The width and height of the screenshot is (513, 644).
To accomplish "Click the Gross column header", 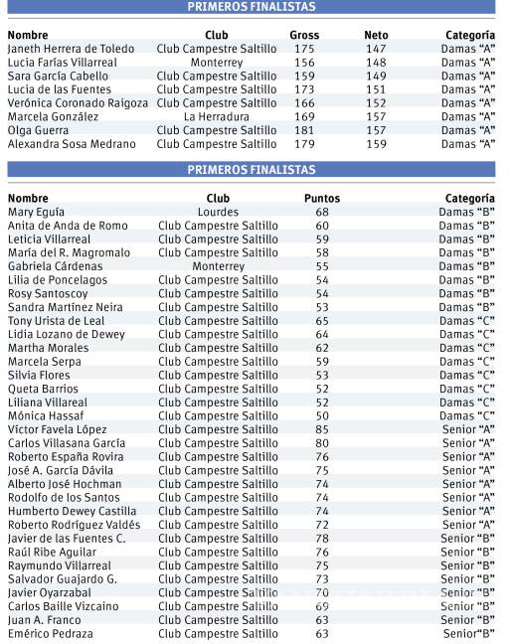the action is pos(304,35).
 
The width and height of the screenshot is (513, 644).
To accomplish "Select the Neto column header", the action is pos(376,35).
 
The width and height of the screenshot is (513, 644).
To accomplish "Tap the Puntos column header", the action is pos(322,199).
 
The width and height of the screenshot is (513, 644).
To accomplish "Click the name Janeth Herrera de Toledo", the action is pos(70,49).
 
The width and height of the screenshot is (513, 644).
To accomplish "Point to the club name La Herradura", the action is pos(217,116).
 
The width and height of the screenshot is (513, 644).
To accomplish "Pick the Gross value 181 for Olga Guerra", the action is pos(304,130).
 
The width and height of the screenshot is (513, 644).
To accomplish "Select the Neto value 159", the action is pos(376,144).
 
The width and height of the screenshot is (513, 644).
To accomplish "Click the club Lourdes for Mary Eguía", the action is pos(218,212).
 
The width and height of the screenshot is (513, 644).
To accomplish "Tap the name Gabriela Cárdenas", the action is pos(56,266).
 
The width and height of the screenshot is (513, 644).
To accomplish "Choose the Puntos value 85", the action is pos(322,429).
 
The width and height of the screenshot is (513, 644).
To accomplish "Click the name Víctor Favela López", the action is pos(58,429).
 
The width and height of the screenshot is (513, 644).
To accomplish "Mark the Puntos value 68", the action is pos(322,212).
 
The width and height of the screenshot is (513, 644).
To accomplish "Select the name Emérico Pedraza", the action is pos(51,633).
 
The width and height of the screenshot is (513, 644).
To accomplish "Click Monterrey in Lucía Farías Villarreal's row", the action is pos(217,62).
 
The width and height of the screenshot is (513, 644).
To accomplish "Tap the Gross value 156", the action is pos(304,62).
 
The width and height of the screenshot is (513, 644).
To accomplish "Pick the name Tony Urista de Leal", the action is pos(56,321).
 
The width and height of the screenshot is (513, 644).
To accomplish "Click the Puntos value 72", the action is pos(322,525).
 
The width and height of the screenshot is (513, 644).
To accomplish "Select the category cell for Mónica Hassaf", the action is pos(467,415).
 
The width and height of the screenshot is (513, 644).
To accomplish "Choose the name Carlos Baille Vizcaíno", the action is pos(63,606).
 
